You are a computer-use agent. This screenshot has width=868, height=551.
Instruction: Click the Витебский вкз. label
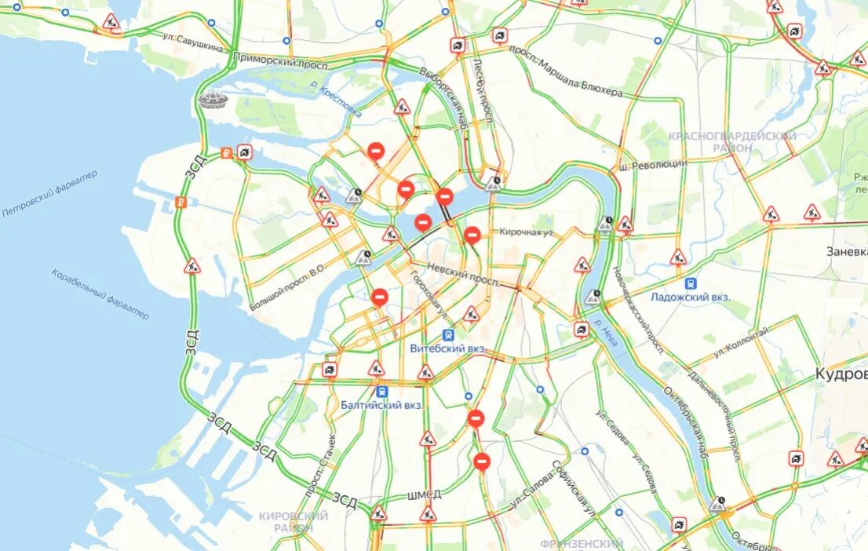point(448,348)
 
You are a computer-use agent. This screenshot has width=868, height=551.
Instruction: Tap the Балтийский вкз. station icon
point(382,390)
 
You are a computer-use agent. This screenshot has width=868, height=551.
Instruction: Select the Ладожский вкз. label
point(690,297)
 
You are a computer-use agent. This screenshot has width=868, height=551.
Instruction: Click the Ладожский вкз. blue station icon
point(691,283)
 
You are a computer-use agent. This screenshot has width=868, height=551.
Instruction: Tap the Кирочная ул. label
point(527,232)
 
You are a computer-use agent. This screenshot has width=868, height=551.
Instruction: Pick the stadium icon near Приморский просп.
point(212,99)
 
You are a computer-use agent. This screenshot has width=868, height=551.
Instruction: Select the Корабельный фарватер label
point(100,294)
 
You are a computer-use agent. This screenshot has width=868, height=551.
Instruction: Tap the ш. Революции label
point(652,164)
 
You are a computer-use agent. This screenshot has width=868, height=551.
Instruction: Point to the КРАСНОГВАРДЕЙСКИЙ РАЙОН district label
point(731,141)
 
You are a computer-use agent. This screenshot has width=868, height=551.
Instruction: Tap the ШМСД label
point(424,494)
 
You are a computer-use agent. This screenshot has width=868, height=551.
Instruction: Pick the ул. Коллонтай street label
point(741,345)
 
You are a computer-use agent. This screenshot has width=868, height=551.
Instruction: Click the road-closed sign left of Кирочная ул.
point(472,234)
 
